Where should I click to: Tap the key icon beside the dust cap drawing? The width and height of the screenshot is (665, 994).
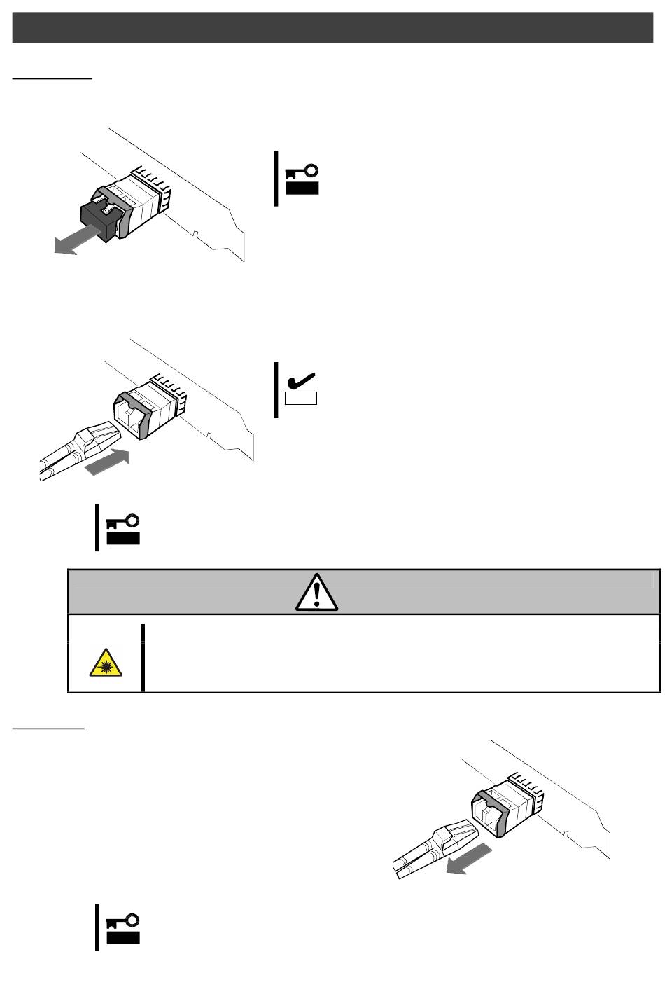tap(302, 179)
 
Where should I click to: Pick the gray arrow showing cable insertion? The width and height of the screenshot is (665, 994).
tap(107, 463)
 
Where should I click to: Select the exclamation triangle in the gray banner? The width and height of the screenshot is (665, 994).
tap(316, 591)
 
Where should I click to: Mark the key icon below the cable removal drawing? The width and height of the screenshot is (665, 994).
tap(123, 929)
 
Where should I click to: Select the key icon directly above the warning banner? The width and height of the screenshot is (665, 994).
tap(122, 530)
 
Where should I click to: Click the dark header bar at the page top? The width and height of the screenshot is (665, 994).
tap(332, 27)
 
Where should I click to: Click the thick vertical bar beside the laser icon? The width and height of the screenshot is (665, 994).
tap(143, 657)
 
